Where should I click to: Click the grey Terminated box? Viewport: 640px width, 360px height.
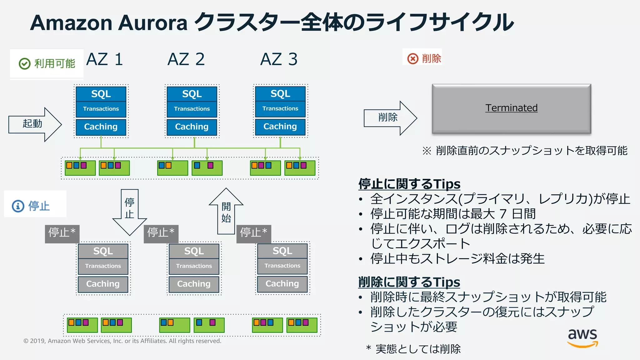(511, 108)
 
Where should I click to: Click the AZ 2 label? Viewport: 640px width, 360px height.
(186, 59)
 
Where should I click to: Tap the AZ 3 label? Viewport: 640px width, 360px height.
(279, 59)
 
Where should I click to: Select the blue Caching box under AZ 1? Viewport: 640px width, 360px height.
(101, 127)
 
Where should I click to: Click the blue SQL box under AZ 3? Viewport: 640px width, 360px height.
(280, 93)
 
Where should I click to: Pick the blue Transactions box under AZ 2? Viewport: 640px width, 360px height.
(192, 109)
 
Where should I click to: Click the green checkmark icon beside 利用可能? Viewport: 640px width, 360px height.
(24, 63)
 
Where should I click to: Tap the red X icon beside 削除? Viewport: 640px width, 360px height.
(412, 58)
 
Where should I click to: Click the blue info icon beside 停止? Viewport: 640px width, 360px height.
(18, 206)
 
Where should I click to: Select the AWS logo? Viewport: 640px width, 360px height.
(582, 337)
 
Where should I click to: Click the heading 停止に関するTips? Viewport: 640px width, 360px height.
(409, 184)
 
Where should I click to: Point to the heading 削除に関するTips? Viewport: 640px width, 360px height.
(409, 282)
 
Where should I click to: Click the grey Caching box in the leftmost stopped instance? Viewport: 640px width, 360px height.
(103, 284)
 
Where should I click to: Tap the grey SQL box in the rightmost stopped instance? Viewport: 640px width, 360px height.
(282, 251)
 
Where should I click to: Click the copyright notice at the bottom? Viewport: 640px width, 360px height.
(122, 341)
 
